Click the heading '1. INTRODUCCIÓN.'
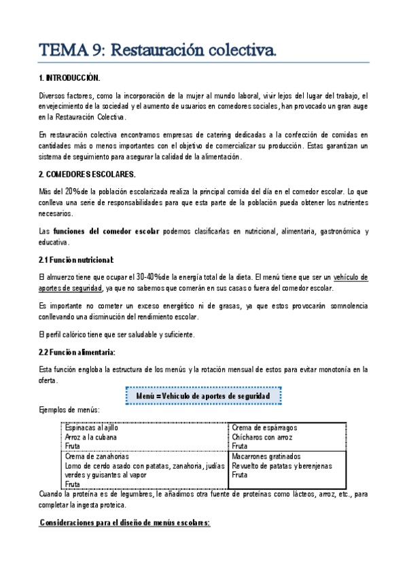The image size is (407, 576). pyautogui.click(x=70, y=79)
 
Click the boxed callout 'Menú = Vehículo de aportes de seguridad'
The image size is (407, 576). pyautogui.click(x=203, y=395)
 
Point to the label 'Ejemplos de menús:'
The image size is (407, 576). pyautogui.click(x=70, y=410)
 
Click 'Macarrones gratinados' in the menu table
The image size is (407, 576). pyautogui.click(x=266, y=456)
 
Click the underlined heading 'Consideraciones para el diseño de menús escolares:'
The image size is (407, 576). pyautogui.click(x=124, y=523)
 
